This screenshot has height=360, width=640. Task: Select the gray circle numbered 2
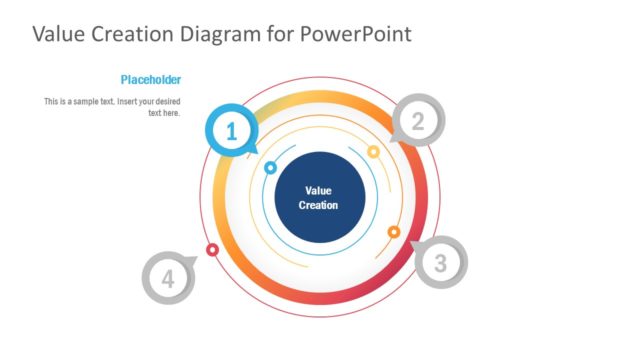click(x=418, y=121)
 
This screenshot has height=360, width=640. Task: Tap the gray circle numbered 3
click(x=440, y=263)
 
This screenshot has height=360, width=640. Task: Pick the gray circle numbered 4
click(x=168, y=278)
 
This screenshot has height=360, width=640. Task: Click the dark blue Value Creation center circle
click(x=318, y=197)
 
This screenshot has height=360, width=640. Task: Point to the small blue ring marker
click(x=270, y=168)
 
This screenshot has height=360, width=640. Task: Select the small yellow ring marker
click(x=373, y=152)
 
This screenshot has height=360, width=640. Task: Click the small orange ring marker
click(x=394, y=232)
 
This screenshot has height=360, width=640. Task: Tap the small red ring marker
click(x=212, y=249)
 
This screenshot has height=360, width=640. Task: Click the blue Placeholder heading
click(x=150, y=80)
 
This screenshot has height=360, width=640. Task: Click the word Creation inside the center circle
click(x=318, y=205)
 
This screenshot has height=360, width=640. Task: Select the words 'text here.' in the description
click(x=164, y=113)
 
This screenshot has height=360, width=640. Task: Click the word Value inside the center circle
click(x=318, y=190)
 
